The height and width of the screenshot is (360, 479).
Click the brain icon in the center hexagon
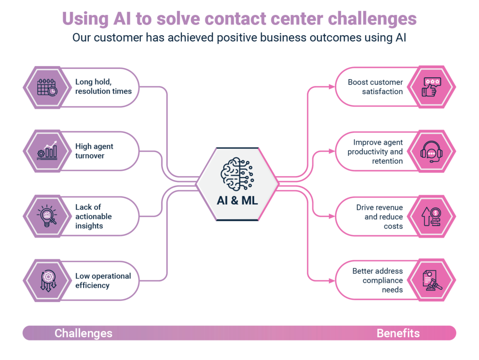(237, 174)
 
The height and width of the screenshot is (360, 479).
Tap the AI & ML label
(237, 200)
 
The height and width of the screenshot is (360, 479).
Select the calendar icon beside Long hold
(47, 87)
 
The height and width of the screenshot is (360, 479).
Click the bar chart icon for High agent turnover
(47, 151)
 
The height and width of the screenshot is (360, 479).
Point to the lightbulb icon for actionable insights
(47, 216)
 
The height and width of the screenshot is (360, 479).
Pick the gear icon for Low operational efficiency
(48, 280)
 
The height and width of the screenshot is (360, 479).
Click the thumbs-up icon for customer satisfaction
(431, 87)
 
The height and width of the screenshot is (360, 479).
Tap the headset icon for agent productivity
(431, 152)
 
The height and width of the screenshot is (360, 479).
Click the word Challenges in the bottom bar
(83, 333)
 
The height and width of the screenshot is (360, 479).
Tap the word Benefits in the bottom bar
(398, 333)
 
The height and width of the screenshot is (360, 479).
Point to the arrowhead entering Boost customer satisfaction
(332, 87)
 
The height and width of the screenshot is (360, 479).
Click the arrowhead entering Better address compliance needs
(332, 280)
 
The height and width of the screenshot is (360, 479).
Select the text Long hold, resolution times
(103, 87)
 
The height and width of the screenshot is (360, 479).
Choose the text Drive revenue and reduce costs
(379, 217)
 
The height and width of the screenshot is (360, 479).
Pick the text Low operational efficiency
(103, 280)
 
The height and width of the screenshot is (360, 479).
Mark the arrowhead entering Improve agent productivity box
(332, 151)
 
